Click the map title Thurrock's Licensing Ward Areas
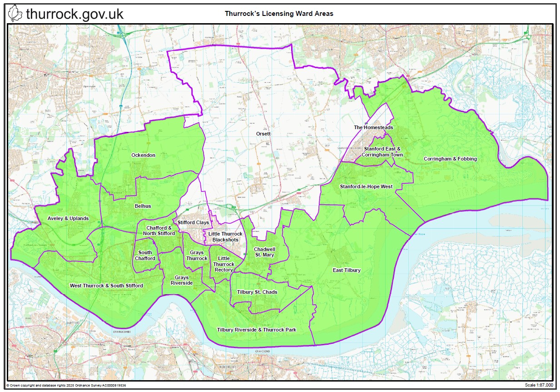279,14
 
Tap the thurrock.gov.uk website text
74,14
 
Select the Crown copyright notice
66,385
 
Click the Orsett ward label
263,134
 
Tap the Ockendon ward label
143,155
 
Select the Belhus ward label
143,206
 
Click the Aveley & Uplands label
68,218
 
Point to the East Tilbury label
347,270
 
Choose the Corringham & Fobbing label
450,159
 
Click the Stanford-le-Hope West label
366,186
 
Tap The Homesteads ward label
373,128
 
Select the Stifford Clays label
193,222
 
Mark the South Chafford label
145,256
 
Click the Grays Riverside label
182,280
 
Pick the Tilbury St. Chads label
257,292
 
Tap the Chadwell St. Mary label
264,252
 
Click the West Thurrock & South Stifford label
106,286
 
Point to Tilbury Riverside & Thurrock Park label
256,330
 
